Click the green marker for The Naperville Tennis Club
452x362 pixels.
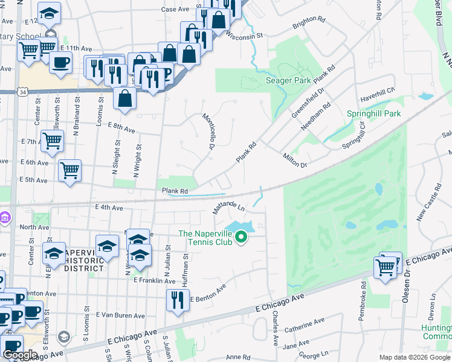tap(242, 237)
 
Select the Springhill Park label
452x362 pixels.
tap(374, 113)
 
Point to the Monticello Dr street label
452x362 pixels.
tap(209, 132)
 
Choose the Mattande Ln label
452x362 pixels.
tap(228, 209)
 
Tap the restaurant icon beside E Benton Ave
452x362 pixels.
tap(177, 299)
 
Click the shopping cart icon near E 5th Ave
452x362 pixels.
tap(70, 171)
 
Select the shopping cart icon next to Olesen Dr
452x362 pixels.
tap(385, 267)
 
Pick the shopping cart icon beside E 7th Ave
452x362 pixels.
tap(52, 141)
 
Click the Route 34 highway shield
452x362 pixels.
tap(22, 92)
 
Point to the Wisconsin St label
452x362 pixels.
tap(244, 35)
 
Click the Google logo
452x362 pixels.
tap(20, 355)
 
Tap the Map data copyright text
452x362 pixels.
tap(414, 357)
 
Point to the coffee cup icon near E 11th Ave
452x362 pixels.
tap(60, 62)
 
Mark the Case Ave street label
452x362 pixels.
tap(176, 10)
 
